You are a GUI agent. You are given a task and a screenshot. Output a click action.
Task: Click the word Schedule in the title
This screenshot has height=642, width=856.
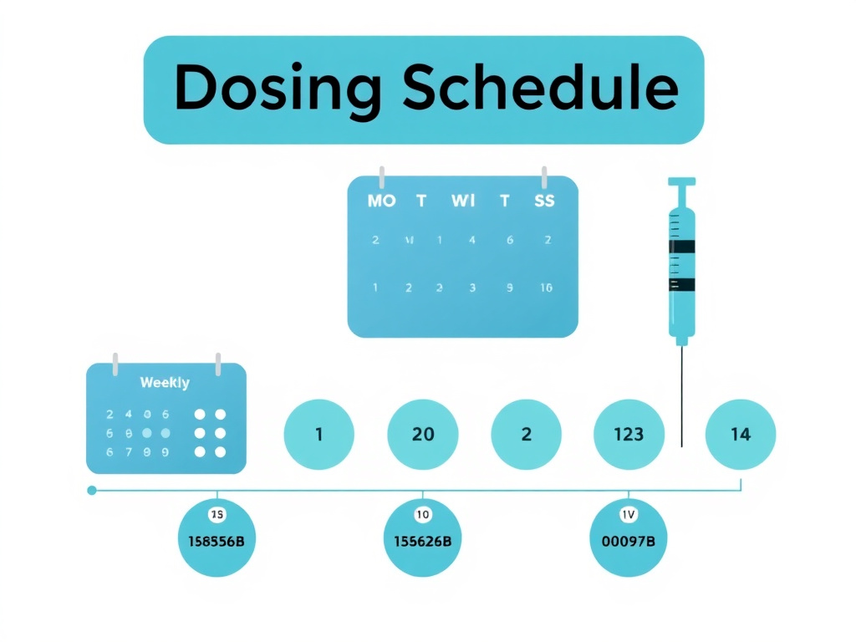pyautogui.click(x=540, y=89)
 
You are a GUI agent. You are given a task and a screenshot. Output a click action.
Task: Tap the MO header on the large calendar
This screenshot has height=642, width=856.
pyautogui.click(x=381, y=201)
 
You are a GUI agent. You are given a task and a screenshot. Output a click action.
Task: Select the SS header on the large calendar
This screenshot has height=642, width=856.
pyautogui.click(x=544, y=201)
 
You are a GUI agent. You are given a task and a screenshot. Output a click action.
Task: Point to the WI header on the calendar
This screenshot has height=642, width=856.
pyautogui.click(x=463, y=201)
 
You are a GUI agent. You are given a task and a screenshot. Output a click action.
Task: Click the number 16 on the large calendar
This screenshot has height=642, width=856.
pyautogui.click(x=546, y=288)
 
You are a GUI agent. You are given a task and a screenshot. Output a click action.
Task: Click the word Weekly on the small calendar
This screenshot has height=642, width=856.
pyautogui.click(x=165, y=383)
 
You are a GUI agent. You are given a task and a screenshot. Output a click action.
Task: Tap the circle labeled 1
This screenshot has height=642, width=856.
pyautogui.click(x=319, y=435)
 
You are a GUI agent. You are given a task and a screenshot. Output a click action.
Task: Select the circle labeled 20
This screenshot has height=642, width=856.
pyautogui.click(x=423, y=435)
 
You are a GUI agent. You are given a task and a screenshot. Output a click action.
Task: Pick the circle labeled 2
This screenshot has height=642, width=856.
pyautogui.click(x=527, y=435)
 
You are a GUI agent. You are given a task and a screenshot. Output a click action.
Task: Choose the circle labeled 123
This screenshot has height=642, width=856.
pyautogui.click(x=629, y=435)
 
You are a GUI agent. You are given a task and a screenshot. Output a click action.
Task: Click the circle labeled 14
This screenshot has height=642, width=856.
pyautogui.click(x=741, y=435)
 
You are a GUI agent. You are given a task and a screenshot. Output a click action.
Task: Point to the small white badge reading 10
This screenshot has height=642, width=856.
pyautogui.click(x=422, y=514)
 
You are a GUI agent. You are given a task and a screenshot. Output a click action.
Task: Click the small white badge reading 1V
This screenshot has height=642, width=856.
pyautogui.click(x=628, y=514)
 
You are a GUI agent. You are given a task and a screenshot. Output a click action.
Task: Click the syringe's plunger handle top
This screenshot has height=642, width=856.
pyautogui.click(x=682, y=181)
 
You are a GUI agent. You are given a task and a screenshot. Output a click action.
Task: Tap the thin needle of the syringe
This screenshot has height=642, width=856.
pyautogui.click(x=683, y=393)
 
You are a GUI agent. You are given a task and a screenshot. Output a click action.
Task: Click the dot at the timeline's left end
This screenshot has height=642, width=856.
pyautogui.click(x=92, y=491)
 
